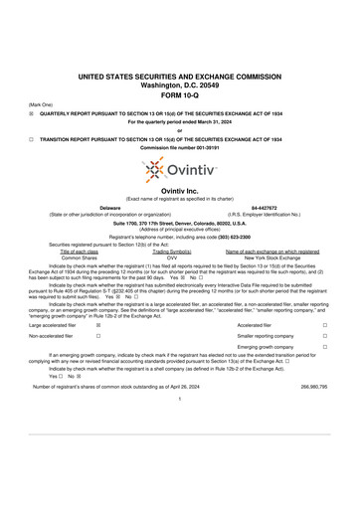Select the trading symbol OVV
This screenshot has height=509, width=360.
pyautogui.click(x=171, y=257)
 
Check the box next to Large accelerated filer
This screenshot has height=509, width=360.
pyautogui.click(x=97, y=325)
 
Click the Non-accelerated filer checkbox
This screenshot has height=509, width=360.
pyautogui.click(x=97, y=337)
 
